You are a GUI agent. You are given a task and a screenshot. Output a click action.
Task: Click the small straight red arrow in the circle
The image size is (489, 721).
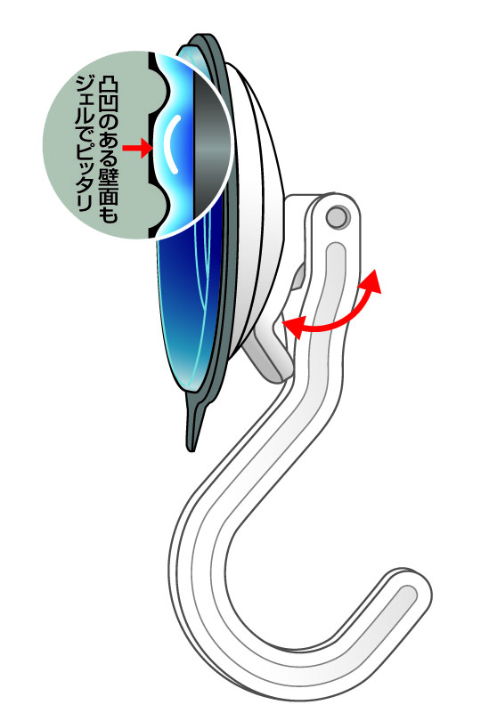point(136,148)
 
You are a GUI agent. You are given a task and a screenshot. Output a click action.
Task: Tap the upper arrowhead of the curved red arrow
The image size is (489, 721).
point(372,281)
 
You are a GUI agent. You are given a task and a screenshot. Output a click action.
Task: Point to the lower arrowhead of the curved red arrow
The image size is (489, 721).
point(293,326)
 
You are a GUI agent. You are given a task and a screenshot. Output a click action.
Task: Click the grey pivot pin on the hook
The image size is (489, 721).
point(338,216)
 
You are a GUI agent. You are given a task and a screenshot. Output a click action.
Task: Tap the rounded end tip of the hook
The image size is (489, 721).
point(415,591)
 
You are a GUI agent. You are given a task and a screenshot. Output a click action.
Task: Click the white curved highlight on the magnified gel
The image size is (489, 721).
point(170,144)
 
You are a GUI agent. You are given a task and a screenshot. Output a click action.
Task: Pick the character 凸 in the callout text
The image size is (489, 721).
point(109,87)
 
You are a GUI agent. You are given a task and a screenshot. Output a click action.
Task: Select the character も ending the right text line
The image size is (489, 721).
point(109,215)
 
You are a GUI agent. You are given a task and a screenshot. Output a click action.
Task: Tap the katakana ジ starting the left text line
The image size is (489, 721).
point(85,83)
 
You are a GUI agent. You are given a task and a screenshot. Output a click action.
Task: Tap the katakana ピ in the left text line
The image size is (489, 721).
point(85,150)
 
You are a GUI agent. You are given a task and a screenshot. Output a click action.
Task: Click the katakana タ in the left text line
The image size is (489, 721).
point(85,185)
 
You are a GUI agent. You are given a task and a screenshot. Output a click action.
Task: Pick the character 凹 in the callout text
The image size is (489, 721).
point(109,105)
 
